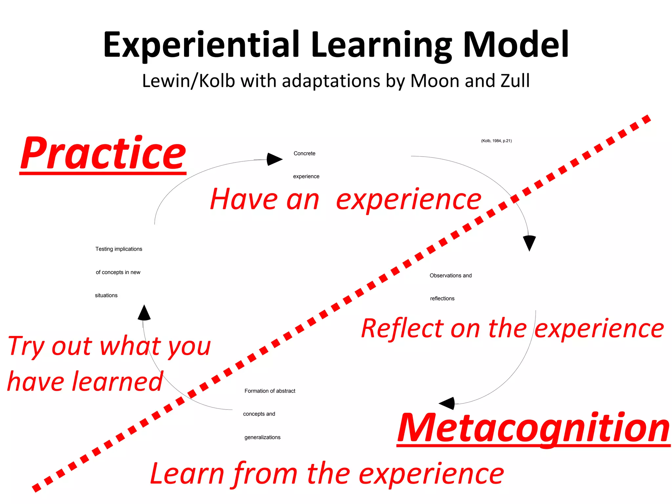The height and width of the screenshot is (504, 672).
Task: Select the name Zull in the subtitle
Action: [x=515, y=81]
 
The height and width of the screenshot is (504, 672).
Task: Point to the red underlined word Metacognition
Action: [x=533, y=428]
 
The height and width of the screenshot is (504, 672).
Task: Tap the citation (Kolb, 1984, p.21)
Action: [x=496, y=141]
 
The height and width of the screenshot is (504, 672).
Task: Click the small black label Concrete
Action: [x=304, y=153]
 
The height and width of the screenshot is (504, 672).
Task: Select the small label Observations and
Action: [x=451, y=276]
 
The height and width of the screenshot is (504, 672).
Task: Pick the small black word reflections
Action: [x=442, y=299]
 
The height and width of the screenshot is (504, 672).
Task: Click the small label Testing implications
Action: [x=119, y=249]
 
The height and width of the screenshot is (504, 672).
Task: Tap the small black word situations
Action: [x=106, y=295]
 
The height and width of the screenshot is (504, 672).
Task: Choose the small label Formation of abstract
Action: [x=270, y=391]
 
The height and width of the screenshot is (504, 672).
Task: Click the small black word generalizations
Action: [x=262, y=437]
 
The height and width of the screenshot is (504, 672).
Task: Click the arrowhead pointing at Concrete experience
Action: [x=274, y=159]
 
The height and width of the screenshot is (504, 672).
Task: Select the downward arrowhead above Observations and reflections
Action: [x=529, y=243]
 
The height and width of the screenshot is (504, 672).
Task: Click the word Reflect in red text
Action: [x=402, y=328]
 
